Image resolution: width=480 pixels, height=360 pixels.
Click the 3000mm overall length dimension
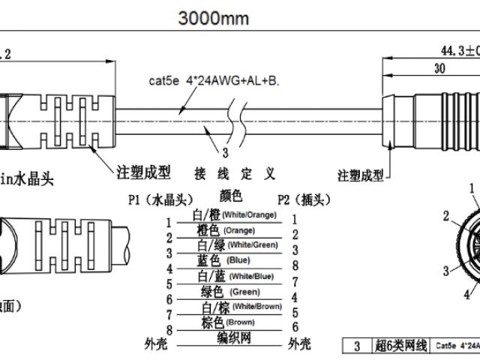coord(214,18)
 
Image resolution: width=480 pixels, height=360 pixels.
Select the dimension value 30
coord(439,67)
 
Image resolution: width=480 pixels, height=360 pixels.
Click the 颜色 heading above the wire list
coord(231,195)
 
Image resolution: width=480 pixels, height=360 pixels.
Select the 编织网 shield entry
coord(234,339)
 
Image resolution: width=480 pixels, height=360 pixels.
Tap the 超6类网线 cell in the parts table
coord(400,346)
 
